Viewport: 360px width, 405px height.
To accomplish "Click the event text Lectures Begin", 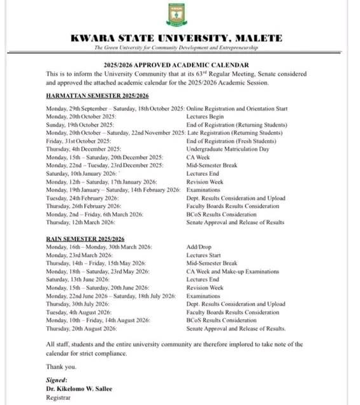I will pyautogui.click(x=205, y=117).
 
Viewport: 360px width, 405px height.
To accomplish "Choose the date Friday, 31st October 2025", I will pyautogui.click(x=78, y=141).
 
